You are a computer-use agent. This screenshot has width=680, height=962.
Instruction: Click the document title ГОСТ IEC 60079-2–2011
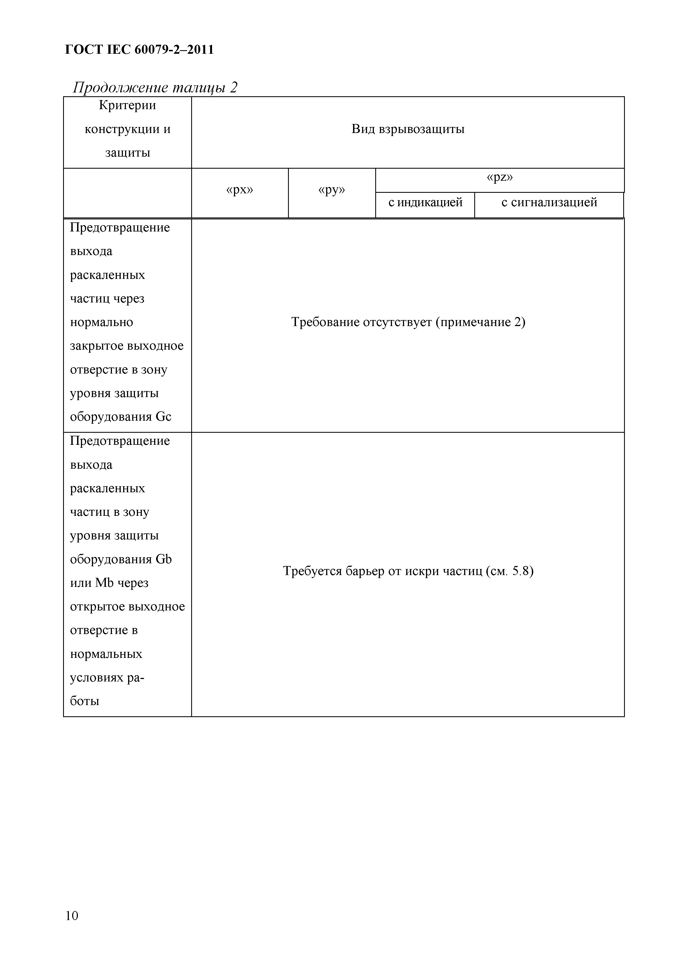click(140, 50)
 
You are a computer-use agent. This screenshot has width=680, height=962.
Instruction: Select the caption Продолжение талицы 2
click(155, 87)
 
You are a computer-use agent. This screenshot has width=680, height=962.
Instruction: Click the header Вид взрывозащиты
click(408, 129)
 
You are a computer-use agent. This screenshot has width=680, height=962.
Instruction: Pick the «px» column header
click(240, 190)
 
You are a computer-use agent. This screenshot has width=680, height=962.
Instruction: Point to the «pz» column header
click(500, 178)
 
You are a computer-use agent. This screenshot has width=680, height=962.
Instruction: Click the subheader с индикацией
click(425, 203)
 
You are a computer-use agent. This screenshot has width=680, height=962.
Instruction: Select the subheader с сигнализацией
click(549, 203)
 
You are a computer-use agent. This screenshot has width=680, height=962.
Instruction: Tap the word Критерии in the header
click(127, 105)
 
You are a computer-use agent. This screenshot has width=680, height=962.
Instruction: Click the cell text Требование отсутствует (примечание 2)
click(408, 322)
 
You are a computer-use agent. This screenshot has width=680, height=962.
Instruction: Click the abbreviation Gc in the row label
click(163, 417)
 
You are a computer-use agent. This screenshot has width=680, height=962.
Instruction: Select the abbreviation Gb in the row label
click(163, 559)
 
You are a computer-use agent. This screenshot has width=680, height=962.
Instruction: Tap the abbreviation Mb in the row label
click(104, 583)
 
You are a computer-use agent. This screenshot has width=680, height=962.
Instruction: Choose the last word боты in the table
click(85, 701)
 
